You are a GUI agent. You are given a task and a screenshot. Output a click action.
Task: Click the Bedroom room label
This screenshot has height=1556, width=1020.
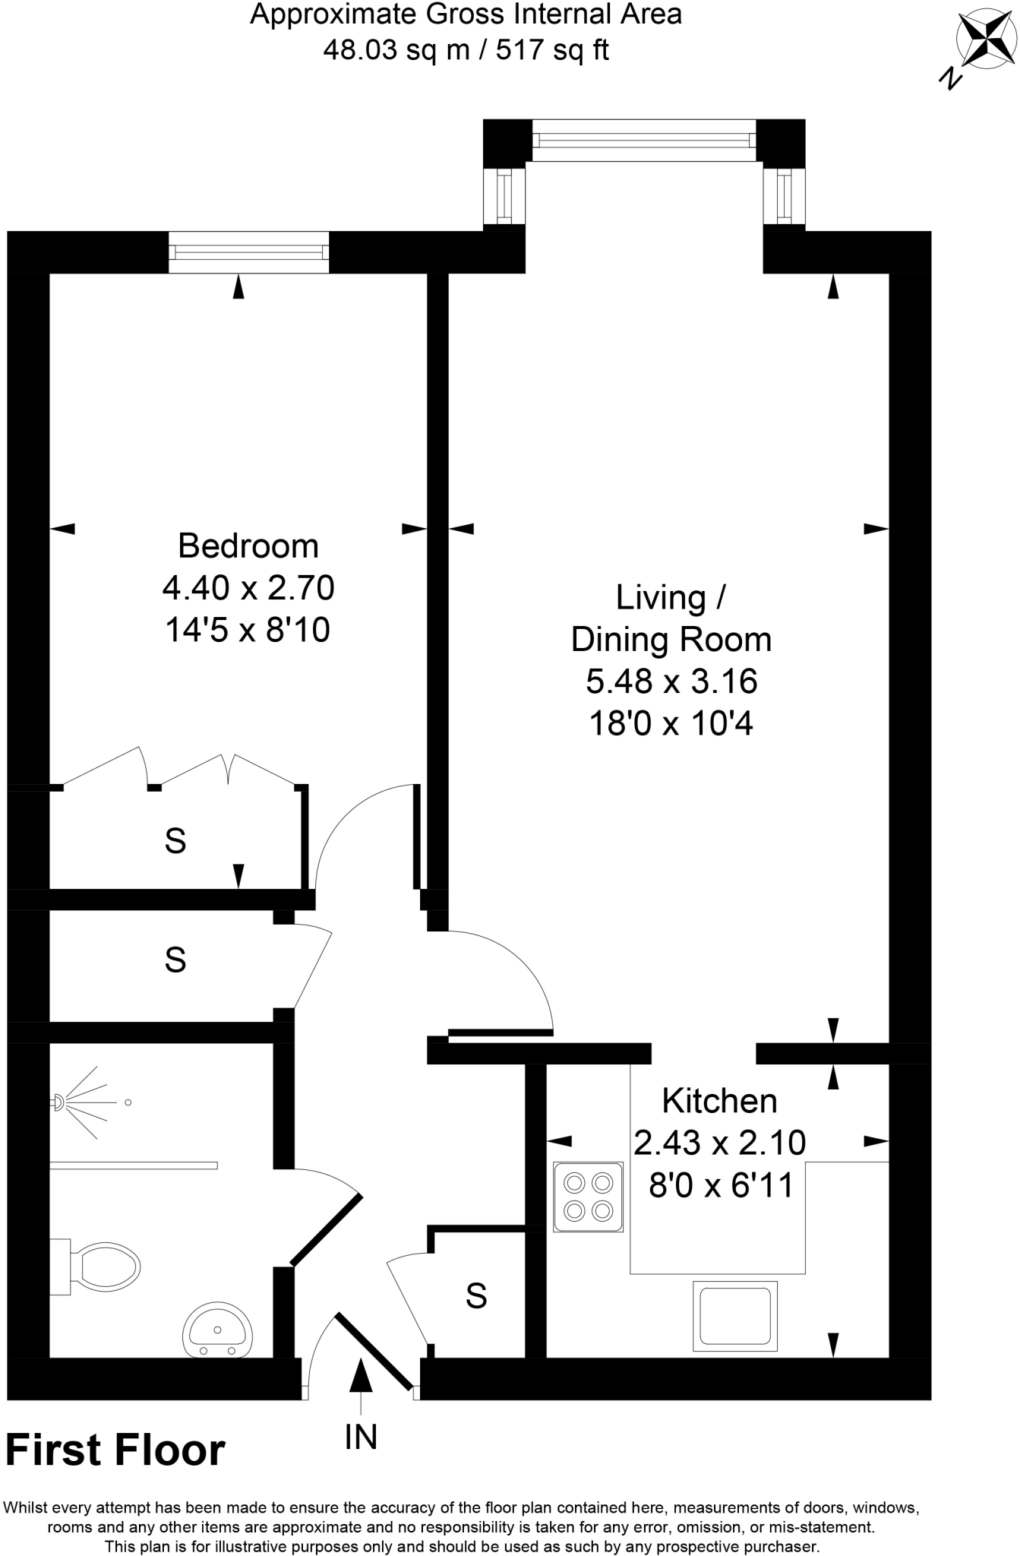coord(248,546)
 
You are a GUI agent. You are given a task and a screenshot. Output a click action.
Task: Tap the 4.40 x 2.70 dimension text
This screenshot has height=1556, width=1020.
coord(248,587)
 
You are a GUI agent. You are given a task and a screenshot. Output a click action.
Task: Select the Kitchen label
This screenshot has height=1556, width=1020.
coord(719,1100)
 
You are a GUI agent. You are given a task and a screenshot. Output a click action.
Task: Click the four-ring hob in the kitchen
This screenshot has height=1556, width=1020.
coord(588,1197)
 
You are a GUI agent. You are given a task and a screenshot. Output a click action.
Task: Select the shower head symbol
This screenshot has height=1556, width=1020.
coord(59,1102)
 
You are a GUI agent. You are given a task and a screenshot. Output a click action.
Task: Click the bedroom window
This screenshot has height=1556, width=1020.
coord(248,252)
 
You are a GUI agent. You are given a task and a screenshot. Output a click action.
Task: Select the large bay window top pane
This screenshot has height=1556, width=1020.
coord(644,140)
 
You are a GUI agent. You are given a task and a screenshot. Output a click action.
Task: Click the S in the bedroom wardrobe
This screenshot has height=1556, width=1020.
coord(175,841)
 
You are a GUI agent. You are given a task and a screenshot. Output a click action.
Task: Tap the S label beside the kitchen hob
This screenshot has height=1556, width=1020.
coord(476,1295)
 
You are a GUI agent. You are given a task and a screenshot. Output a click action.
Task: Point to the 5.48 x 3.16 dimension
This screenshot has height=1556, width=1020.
coord(671,681)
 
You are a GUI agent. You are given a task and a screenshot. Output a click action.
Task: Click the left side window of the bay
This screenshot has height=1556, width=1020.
coord(504,195)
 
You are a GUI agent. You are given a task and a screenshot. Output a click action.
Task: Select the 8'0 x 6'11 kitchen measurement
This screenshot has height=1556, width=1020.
coord(720,1184)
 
